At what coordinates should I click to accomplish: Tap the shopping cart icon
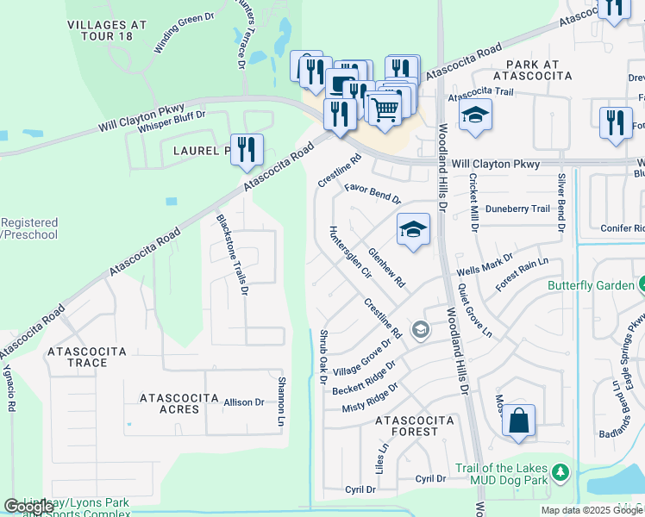click(x=384, y=108)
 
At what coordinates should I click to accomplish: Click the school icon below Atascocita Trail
click(x=474, y=115)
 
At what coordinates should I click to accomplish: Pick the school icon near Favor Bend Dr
click(x=413, y=229)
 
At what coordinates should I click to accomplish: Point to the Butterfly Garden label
click(x=590, y=285)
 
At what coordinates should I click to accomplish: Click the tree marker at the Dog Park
click(x=560, y=472)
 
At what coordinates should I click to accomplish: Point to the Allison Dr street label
click(x=244, y=402)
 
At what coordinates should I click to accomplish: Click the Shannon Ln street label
click(x=280, y=402)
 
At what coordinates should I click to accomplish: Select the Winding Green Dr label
click(x=184, y=34)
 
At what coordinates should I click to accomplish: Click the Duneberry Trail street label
click(x=517, y=209)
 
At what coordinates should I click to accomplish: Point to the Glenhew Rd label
click(x=386, y=267)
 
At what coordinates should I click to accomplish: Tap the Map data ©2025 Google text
click(x=592, y=510)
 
